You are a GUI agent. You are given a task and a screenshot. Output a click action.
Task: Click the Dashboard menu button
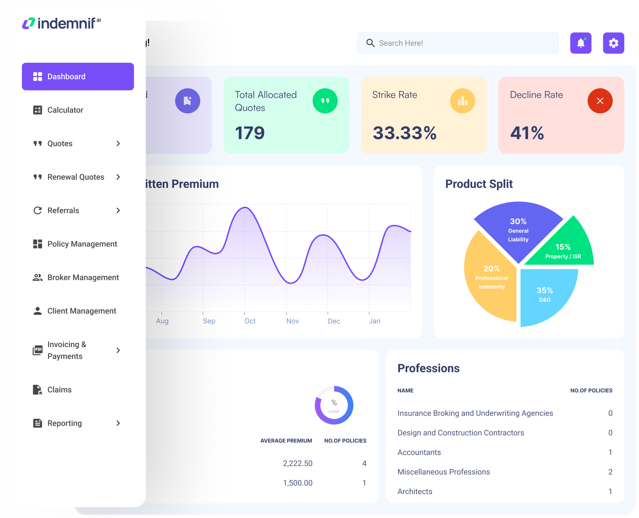point(78,77)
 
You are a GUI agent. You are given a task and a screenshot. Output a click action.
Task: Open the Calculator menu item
point(65,110)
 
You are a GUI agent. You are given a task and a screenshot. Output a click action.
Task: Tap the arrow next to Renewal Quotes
point(118,177)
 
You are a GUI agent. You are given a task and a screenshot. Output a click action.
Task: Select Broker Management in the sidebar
point(83,278)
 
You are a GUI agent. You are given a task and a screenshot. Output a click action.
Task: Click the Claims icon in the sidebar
point(38,390)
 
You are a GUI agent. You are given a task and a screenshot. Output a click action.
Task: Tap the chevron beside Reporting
point(118,423)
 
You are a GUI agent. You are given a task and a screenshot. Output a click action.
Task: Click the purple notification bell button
point(581,43)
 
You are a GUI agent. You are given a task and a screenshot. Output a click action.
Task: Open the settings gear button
point(613,43)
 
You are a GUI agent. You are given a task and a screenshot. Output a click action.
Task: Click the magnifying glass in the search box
point(370,43)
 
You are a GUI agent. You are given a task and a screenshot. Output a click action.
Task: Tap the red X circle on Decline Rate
point(600,101)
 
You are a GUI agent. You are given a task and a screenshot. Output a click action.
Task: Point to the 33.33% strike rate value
point(405,133)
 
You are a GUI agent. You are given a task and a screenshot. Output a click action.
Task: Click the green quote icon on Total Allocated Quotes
point(325,101)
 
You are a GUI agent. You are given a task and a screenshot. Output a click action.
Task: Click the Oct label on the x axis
point(250,321)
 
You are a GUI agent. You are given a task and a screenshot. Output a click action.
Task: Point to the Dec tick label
point(334,321)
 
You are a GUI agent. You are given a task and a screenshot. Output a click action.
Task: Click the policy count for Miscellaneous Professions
point(610,472)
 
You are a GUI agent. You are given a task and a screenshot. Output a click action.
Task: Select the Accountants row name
point(419,452)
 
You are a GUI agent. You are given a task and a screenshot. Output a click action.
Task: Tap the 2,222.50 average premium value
point(297,463)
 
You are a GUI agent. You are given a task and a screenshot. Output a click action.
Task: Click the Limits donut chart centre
point(334,405)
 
